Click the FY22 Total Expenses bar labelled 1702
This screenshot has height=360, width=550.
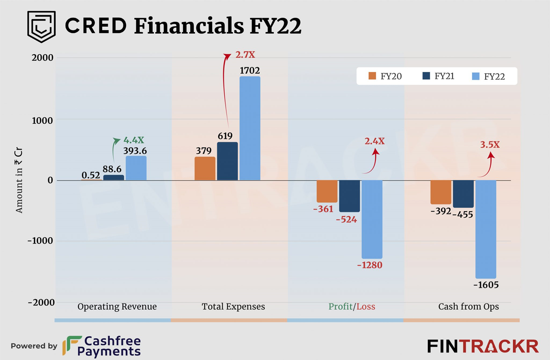coord(250,128)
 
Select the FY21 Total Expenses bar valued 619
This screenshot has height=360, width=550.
coord(227,161)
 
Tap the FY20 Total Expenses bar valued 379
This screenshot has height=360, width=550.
coord(205,168)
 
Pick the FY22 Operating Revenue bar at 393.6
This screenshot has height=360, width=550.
coord(136,168)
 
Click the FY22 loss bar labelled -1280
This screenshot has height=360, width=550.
coord(372,219)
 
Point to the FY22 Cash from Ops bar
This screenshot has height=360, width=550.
coord(486,229)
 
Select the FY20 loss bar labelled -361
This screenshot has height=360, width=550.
coord(327,191)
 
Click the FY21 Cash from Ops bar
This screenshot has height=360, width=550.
coord(463,194)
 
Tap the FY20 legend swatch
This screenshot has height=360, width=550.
coord(372,76)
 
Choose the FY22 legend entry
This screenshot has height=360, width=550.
coord(488,76)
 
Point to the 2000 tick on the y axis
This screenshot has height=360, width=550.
coord(42,58)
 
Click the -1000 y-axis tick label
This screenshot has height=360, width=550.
coord(40,241)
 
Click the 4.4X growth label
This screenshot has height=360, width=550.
coord(134,141)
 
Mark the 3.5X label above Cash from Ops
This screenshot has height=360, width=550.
coord(490,145)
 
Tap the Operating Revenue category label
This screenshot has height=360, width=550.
coord(117,306)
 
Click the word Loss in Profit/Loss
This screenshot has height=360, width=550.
coord(366,306)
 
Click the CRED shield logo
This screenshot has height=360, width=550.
coord(41,27)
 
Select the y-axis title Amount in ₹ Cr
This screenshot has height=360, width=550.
coord(19,181)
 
